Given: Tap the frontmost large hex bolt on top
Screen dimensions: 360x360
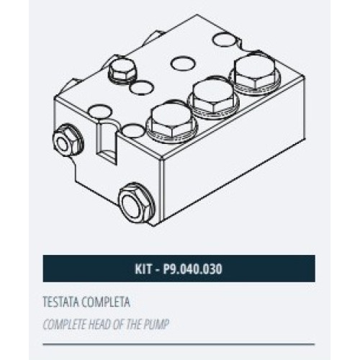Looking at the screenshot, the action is (172, 124).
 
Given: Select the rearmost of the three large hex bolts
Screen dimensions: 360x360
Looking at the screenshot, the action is (255, 72).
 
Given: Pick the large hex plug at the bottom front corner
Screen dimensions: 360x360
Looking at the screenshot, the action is (137, 204).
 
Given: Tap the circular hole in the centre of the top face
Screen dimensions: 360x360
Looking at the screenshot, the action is (183, 64).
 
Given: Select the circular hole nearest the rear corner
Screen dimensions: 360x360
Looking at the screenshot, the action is (225, 40).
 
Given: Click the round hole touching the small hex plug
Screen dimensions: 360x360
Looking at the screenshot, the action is (141, 87).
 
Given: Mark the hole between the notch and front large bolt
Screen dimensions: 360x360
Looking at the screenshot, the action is (133, 130).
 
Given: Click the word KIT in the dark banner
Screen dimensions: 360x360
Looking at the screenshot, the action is (143, 269).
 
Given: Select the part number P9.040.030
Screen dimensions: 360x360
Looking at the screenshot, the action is (192, 269).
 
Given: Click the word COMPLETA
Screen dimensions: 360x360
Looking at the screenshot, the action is (106, 302).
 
